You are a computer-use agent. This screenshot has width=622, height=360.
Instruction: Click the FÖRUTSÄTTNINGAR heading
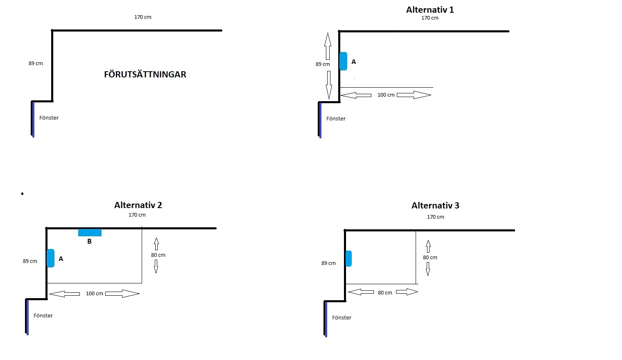coord(145,74)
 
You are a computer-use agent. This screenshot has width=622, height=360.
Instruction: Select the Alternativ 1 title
coord(430,10)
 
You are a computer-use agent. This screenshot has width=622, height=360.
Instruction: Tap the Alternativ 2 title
coord(138,205)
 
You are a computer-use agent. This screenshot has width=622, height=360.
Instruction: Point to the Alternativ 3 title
coord(435,206)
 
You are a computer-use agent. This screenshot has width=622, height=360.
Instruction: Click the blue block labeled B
coord(90,233)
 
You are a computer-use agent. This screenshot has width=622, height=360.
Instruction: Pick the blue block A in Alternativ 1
coord(344,61)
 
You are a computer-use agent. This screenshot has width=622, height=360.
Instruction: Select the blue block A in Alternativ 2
coord(50,258)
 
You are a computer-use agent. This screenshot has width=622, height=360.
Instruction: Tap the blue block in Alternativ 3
coord(349,258)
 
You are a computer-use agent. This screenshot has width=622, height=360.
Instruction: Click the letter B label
coord(89,241)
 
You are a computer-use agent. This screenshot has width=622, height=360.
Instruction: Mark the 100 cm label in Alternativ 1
coord(386,95)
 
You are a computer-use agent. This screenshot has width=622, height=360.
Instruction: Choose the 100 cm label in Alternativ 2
coord(95,294)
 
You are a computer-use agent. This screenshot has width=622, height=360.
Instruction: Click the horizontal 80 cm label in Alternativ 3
coord(385,293)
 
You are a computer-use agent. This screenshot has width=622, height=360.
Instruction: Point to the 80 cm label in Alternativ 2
coord(158,255)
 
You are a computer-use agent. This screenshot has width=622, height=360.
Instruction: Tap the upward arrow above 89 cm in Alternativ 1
coord(328,46)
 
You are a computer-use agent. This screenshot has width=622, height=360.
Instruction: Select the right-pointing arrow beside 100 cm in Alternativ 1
coord(414,95)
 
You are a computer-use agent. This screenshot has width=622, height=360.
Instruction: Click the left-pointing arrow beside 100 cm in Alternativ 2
coord(65,294)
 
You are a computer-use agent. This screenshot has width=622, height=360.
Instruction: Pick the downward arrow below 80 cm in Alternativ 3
coord(428,269)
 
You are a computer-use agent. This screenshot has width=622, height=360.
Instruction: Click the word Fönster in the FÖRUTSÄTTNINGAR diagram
coord(49,118)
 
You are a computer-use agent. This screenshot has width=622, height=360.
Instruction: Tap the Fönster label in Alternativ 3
coord(342,317)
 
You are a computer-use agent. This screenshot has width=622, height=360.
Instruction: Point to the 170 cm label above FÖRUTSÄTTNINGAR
coord(143,17)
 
